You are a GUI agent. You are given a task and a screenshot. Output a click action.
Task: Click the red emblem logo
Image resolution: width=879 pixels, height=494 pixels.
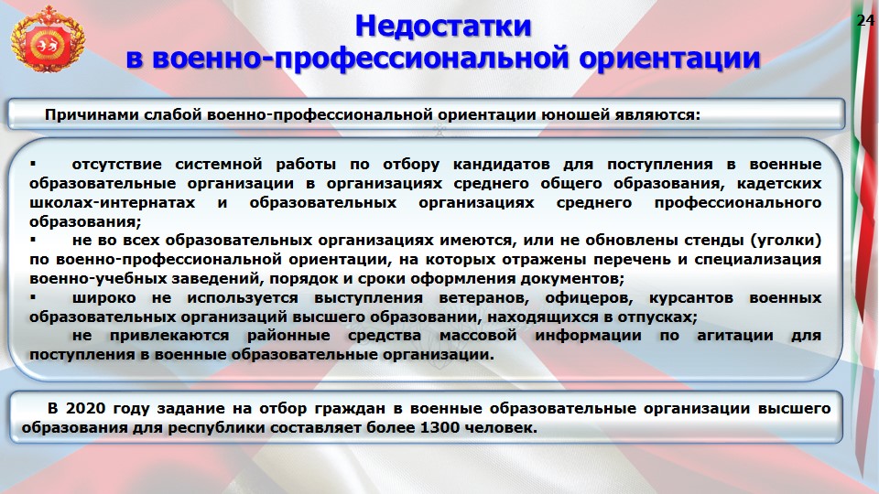tap(48, 40)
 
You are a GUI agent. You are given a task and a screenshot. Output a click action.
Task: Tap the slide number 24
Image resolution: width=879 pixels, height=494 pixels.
tap(865, 20)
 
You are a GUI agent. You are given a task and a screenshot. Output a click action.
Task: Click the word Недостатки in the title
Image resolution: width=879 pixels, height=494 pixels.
tap(443, 26)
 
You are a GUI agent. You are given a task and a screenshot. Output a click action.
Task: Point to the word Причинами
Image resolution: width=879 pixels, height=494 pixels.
tap(92, 115)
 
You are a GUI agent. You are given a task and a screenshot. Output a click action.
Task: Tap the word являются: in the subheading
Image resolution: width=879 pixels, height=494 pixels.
tap(657, 115)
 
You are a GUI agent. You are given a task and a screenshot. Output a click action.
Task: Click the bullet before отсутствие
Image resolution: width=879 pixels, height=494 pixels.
tap(33, 164)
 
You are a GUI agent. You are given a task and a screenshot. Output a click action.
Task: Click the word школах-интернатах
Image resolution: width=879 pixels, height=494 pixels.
tap(112, 202)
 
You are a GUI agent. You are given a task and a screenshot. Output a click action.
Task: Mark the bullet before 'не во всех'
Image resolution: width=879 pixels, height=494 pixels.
tap(33, 240)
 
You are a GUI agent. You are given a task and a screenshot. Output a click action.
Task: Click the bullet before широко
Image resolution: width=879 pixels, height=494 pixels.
tap(33, 296)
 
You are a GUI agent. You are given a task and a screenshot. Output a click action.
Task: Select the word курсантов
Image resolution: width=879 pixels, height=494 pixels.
tap(691, 297)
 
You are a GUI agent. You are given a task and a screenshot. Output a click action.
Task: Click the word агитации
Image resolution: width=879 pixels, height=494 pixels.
tap(735, 336)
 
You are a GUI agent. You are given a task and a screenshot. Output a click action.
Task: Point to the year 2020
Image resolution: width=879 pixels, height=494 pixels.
tap(85, 408)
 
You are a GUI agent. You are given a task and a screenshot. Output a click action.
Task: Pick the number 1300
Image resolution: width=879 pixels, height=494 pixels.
tap(440, 427)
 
